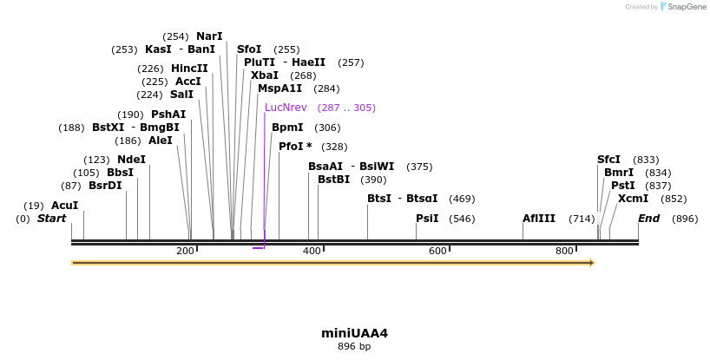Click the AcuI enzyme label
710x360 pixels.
[64, 206]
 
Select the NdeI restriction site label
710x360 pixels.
[131, 160]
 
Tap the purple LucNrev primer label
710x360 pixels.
[286, 108]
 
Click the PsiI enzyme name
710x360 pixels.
[427, 219]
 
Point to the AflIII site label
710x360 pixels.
[538, 219]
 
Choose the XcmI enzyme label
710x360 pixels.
[633, 199]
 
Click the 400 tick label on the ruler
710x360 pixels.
[312, 251]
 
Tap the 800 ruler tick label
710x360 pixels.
[565, 251]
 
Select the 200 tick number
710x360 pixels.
[185, 251]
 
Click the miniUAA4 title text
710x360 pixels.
[354, 333]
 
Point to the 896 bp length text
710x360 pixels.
[354, 347]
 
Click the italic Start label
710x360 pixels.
[51, 219]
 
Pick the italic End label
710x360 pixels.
[648, 219]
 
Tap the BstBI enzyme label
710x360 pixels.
[333, 180]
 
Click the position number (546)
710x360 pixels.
[462, 219]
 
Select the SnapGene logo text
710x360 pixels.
[686, 7]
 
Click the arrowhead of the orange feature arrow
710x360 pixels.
[592, 262]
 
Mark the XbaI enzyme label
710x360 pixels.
[265, 75]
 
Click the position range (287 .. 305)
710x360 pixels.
[346, 108]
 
